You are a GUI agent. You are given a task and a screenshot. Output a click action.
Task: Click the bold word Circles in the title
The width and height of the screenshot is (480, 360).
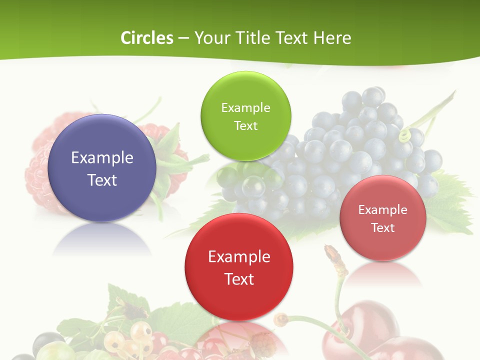[146, 38]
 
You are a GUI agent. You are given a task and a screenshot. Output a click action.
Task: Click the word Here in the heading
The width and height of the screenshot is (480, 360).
[332, 38]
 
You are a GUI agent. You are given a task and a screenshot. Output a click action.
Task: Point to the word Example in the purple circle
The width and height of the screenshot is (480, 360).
[102, 158]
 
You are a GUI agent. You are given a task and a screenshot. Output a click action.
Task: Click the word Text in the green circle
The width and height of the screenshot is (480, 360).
[245, 125]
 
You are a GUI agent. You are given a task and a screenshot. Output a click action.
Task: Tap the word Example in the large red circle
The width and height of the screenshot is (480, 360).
[239, 257]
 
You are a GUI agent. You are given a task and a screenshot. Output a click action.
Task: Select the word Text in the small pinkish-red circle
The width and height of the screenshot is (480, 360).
[382, 227]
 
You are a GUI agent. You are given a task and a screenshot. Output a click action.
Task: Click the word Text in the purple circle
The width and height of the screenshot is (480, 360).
[102, 180]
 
